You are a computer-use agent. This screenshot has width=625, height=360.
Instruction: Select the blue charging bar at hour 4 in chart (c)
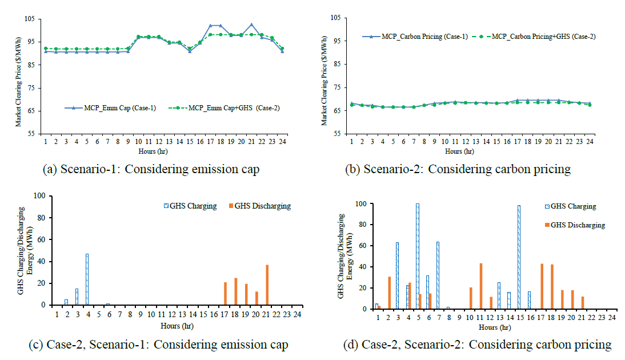click(87, 279)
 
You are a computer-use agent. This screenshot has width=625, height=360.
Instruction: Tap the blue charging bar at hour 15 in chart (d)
click(518, 257)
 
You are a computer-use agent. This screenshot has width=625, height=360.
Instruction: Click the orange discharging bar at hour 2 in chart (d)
click(389, 293)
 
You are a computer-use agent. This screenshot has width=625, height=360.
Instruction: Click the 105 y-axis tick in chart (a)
click(34, 19)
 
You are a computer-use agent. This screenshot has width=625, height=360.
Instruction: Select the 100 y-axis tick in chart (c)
click(39, 195)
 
